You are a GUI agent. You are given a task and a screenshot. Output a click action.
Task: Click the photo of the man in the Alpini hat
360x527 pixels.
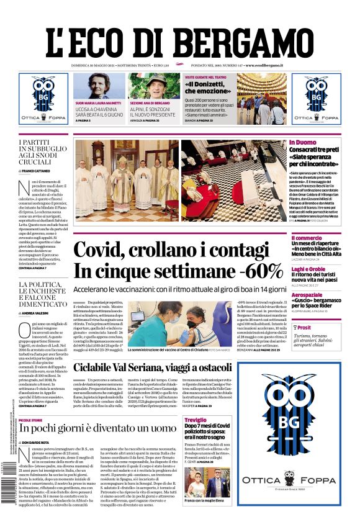pos(154,86)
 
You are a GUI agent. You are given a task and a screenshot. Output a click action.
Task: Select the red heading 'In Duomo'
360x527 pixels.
pos(302,143)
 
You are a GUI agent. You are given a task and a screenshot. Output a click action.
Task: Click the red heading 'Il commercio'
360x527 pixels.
pos(307,238)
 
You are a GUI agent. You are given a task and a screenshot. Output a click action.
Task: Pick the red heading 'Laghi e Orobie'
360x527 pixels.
pos(308,269)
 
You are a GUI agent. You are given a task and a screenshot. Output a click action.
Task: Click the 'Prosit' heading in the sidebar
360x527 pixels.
pos(304,327)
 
